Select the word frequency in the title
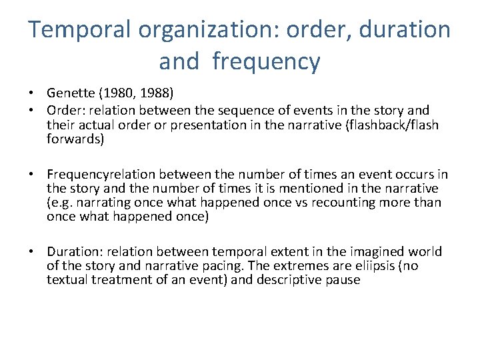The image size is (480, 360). [266, 62]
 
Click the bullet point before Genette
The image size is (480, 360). [33, 93]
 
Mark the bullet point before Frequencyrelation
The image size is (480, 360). [33, 175]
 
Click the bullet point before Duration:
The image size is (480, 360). [33, 251]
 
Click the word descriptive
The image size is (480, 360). [289, 280]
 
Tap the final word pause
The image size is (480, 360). [343, 280]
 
